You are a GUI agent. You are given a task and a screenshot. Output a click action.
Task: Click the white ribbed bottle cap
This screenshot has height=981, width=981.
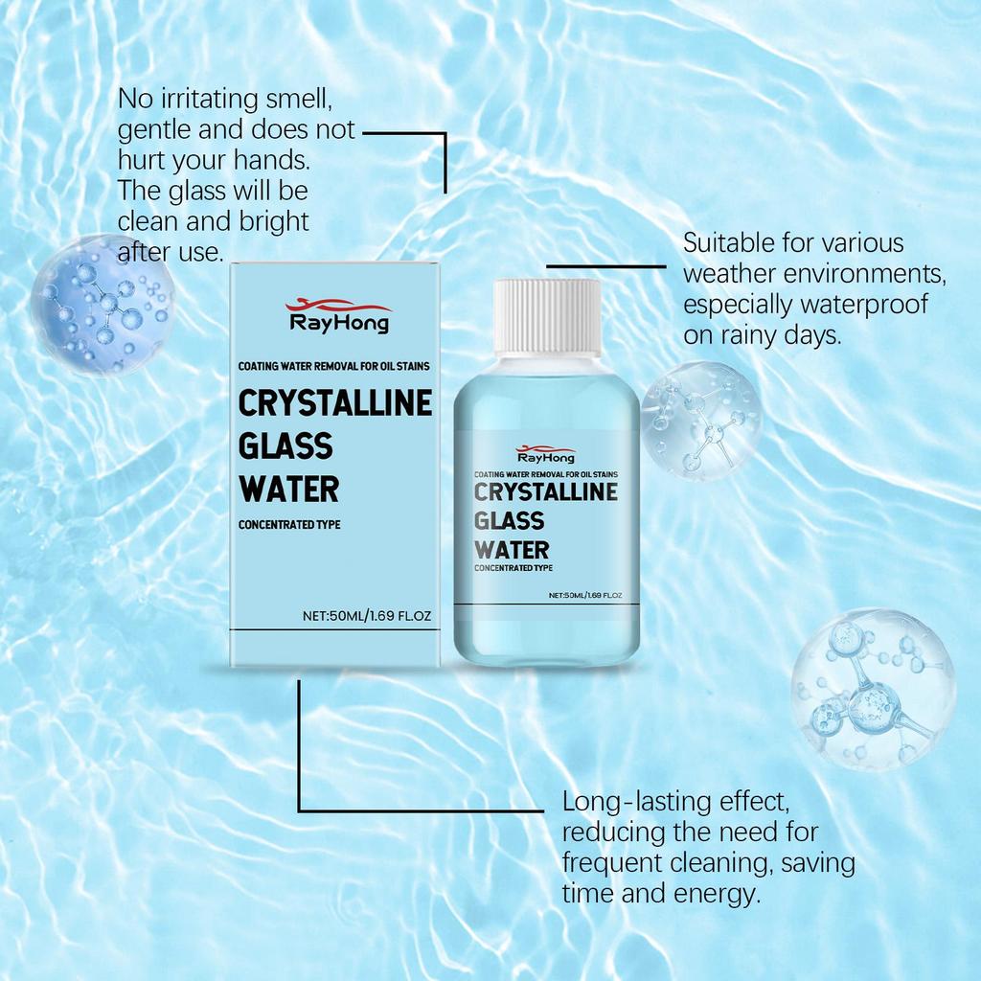[547, 316]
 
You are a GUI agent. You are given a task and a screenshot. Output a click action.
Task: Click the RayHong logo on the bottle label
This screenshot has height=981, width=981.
[545, 454]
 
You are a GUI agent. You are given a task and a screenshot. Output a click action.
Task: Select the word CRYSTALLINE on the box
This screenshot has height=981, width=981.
[334, 403]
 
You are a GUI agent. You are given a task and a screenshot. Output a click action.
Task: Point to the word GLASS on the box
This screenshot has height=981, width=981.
[285, 446]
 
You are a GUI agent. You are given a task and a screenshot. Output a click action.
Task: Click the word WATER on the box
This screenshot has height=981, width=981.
[288, 490]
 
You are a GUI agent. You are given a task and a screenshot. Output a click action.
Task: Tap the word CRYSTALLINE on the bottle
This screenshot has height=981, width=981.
[546, 492]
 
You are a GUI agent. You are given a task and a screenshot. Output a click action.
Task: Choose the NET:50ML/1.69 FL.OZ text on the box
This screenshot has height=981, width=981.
[367, 616]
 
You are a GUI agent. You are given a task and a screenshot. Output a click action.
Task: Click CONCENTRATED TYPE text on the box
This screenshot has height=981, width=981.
[289, 525]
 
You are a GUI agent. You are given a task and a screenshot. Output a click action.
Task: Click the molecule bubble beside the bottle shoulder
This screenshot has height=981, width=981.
[700, 420]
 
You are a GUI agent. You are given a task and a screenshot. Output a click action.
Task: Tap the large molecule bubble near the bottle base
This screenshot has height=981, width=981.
[873, 689]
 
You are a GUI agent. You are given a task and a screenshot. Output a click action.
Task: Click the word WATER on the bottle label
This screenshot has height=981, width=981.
[512, 550]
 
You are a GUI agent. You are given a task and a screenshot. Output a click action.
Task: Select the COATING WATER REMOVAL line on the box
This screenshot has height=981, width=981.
[340, 366]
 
